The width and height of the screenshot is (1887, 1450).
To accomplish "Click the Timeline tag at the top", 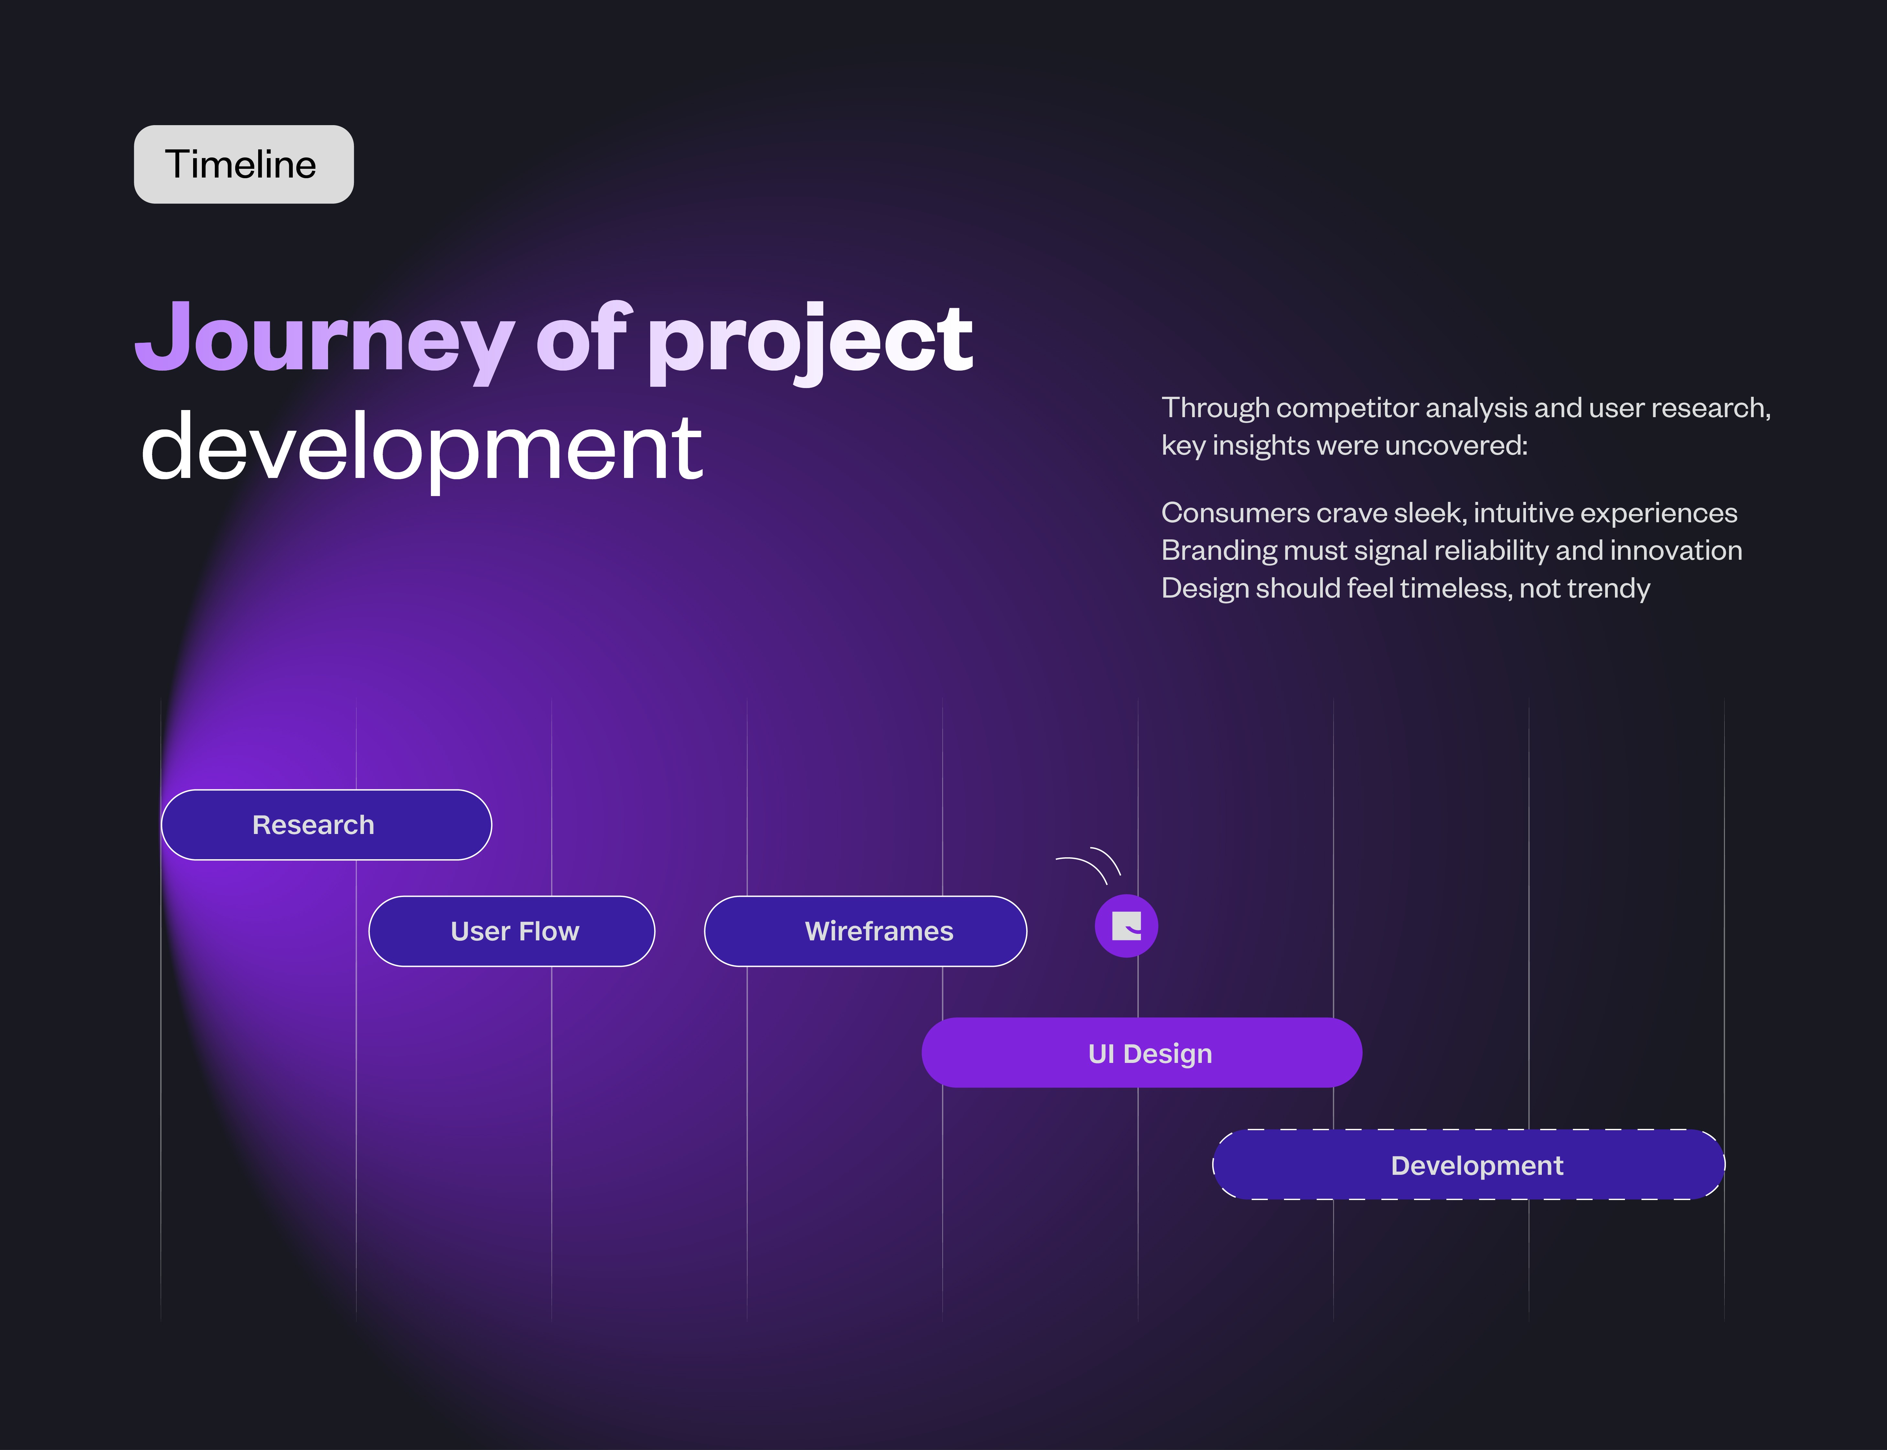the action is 243,164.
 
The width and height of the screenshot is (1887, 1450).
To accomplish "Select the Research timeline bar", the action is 326,824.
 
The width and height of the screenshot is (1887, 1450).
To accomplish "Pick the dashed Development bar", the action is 1468,1164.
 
